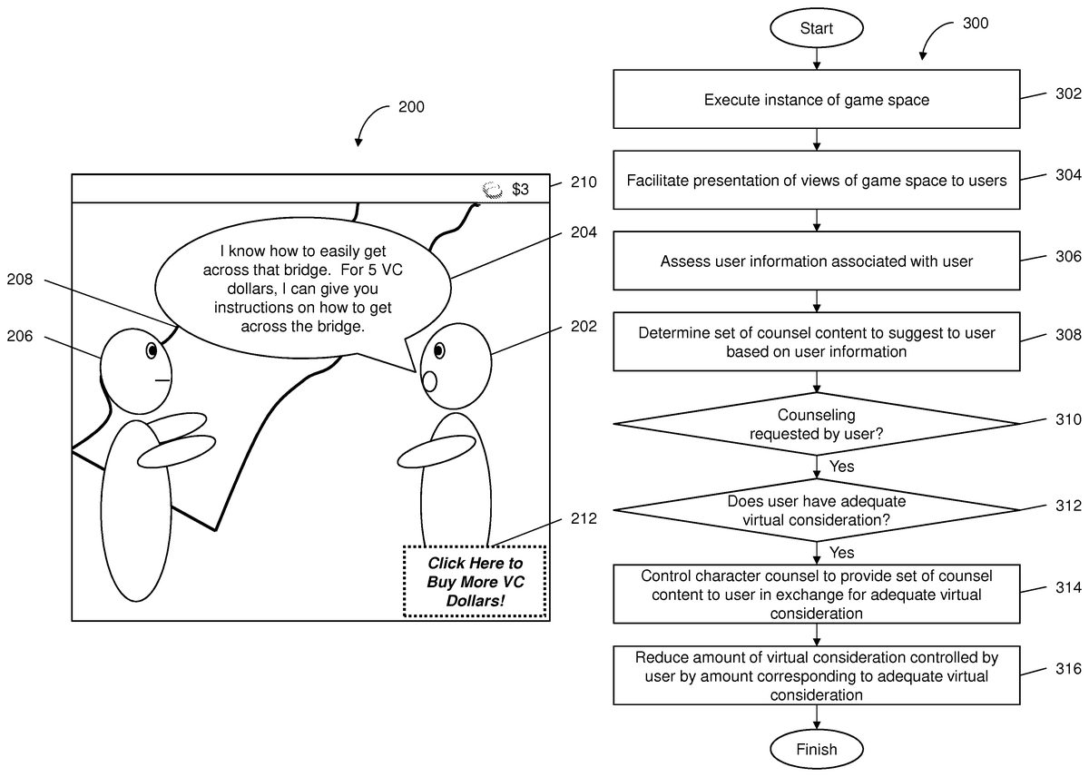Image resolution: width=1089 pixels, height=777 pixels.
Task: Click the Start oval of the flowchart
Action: pos(816,28)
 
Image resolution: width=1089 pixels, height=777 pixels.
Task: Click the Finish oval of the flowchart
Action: pos(816,749)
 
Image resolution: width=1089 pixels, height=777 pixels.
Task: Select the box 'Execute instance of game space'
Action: pos(816,100)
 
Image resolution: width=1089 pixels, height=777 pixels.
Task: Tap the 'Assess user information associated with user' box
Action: pos(816,261)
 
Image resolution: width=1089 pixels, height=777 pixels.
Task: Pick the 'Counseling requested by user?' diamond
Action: pos(816,424)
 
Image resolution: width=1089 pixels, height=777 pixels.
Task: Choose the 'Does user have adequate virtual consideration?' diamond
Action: pos(816,510)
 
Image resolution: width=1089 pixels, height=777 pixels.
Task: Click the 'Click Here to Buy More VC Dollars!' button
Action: pos(475,581)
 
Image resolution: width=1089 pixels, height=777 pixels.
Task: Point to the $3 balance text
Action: pos(520,190)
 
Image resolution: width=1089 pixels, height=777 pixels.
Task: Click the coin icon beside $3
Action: pos(492,189)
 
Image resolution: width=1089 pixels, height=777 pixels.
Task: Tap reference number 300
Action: pos(976,24)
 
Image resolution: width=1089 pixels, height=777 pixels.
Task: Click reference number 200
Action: pos(411,107)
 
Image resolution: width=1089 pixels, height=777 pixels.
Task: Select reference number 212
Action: pos(584,519)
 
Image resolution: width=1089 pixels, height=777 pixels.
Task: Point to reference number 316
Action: pos(1069,669)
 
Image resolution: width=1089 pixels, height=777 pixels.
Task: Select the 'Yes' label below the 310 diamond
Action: pos(841,466)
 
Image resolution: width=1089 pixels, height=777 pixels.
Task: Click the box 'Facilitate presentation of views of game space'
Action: pos(816,181)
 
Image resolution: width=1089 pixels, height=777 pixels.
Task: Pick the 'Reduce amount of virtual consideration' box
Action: pos(816,675)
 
